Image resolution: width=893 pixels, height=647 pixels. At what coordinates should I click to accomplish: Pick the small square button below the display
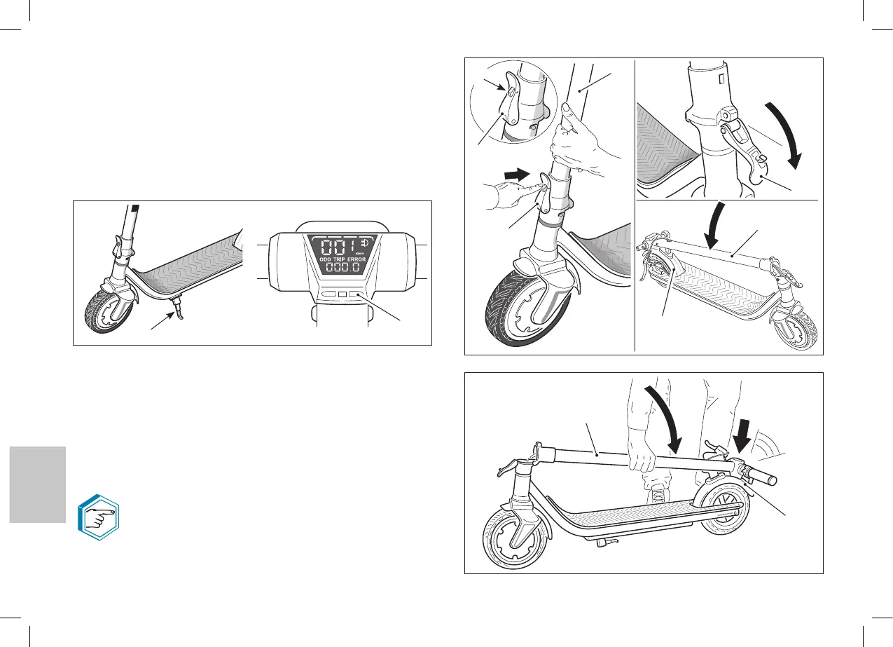pos(342,296)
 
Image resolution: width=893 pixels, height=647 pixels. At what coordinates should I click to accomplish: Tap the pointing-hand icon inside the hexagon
pos(98,521)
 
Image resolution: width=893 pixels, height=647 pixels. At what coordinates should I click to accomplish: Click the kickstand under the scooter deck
pos(179,309)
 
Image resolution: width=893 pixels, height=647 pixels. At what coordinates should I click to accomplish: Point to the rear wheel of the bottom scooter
pos(724,515)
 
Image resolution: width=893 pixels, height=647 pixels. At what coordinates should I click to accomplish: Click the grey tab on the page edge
pos(38,484)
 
